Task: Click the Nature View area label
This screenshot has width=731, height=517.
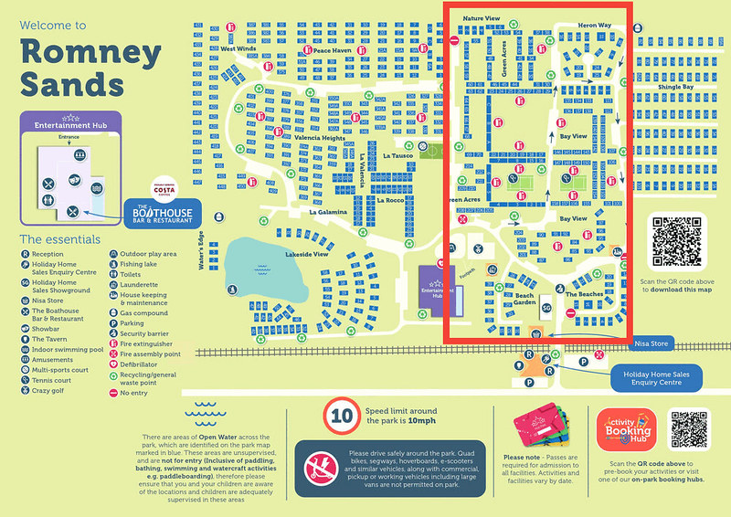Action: click(482, 18)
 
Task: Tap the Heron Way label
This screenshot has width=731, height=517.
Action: click(594, 26)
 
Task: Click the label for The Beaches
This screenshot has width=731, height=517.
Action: click(584, 294)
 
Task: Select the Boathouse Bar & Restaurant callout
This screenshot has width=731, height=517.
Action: click(159, 214)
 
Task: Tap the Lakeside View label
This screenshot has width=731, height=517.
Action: click(305, 254)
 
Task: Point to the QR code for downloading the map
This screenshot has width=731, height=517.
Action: click(676, 240)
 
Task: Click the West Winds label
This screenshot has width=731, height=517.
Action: click(238, 48)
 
